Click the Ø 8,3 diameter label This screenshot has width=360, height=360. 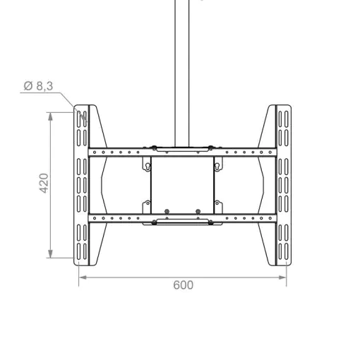(x=38, y=86)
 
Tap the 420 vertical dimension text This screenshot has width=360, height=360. (x=44, y=184)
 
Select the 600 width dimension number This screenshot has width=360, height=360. (x=184, y=285)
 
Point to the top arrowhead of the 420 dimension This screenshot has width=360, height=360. (x=50, y=116)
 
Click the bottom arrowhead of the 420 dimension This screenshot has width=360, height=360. (x=50, y=254)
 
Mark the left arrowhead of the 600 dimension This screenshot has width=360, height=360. (x=83, y=277)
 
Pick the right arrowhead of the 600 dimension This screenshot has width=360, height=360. (x=282, y=277)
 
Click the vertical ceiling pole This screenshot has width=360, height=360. (x=182, y=73)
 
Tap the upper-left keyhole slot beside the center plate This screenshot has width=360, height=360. (x=148, y=167)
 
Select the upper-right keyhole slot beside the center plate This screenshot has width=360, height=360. (x=217, y=167)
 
